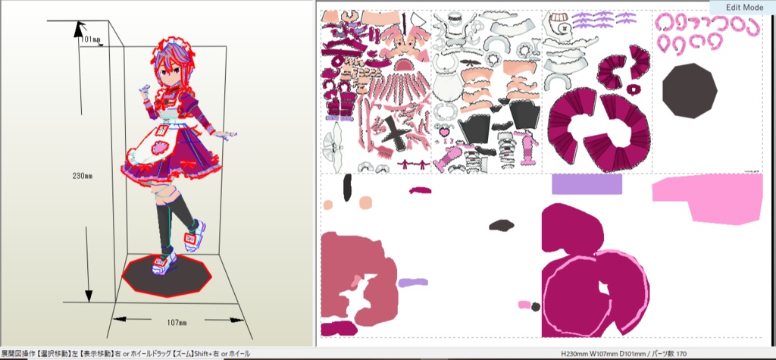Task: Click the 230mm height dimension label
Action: pos(82,176)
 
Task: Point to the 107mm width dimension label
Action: pos(177,323)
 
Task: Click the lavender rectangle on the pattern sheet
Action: pos(587,183)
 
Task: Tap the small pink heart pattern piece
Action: pos(445,132)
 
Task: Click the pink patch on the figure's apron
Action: pos(159,148)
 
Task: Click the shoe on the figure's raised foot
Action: pos(193,235)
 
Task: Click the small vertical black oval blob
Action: pos(347,187)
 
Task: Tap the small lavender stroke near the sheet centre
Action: pos(413,282)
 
